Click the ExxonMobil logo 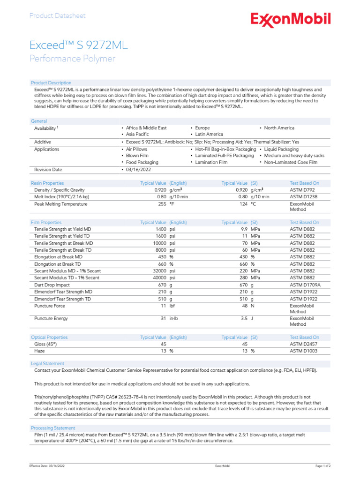(x=290, y=19)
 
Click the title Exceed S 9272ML (x=78, y=45)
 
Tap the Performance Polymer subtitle (x=72, y=59)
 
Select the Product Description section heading (x=51, y=83)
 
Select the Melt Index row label (x=61, y=197)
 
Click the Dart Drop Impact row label (x=52, y=285)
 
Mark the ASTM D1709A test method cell (x=305, y=285)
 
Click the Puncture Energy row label (x=51, y=319)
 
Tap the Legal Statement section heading (x=47, y=364)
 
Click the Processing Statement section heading (x=52, y=428)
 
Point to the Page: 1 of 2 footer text (x=323, y=466)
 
